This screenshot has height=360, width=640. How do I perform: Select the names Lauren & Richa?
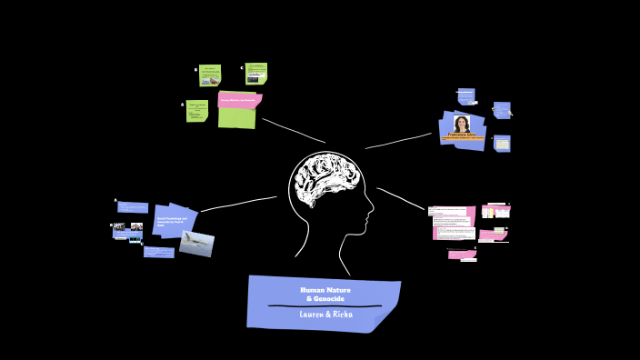tap(325, 315)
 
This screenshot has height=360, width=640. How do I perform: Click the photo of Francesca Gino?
tap(462, 124)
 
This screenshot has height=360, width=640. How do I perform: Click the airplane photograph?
tap(196, 243)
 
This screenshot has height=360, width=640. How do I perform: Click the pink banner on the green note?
tap(239, 100)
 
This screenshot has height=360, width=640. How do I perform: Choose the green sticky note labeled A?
tap(197, 111)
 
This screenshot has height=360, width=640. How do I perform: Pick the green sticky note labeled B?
tap(210, 75)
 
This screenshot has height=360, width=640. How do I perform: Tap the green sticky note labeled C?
tap(256, 74)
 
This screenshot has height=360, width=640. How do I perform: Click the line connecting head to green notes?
tap(293, 130)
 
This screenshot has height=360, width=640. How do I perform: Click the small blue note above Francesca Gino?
tap(466, 95)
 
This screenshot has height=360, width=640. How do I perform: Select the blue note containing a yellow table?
tap(502, 144)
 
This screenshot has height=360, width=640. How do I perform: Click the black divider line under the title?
tap(324, 306)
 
